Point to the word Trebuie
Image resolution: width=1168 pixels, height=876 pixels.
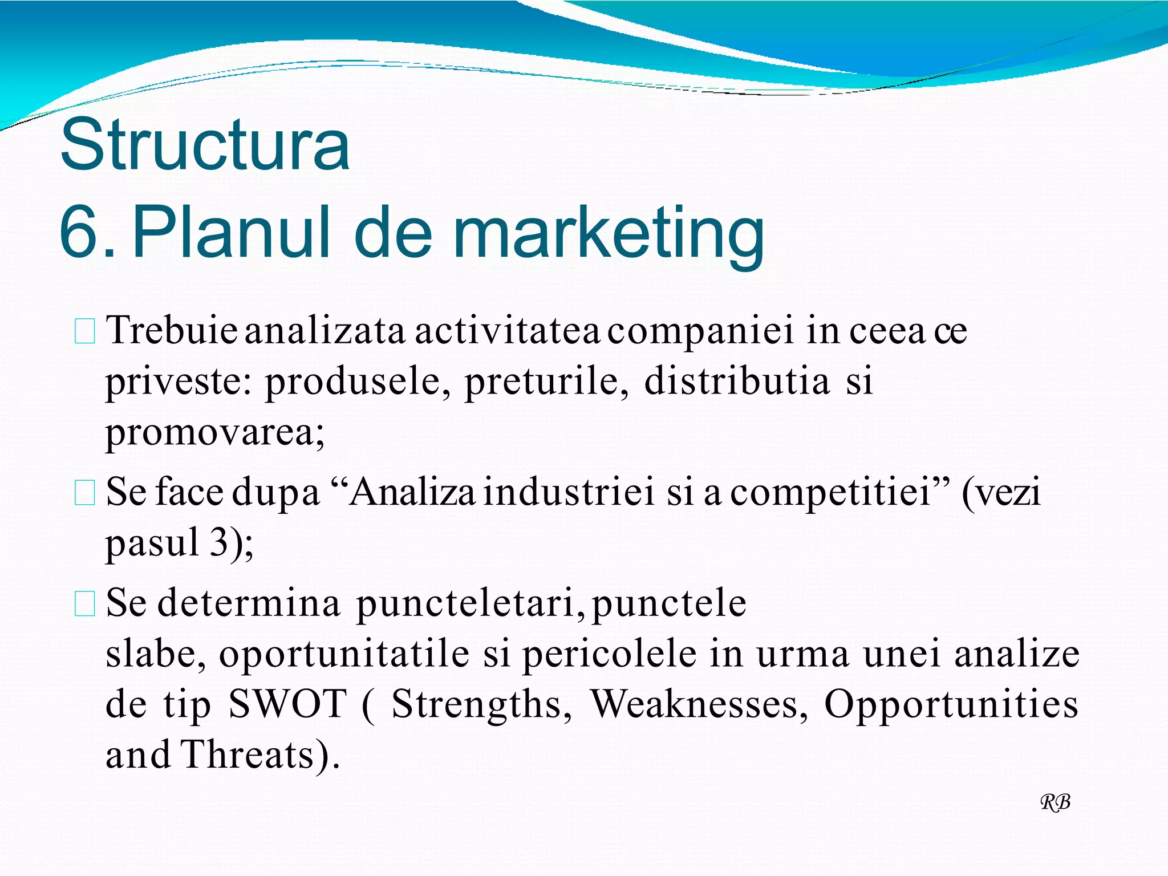pyautogui.click(x=171, y=331)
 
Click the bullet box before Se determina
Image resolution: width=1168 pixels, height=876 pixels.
pyautogui.click(x=85, y=604)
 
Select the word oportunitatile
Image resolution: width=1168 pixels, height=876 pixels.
pyautogui.click(x=344, y=654)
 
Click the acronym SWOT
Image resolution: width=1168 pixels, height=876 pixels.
pyautogui.click(x=287, y=704)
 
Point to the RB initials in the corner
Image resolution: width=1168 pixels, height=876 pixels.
pyautogui.click(x=1055, y=802)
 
